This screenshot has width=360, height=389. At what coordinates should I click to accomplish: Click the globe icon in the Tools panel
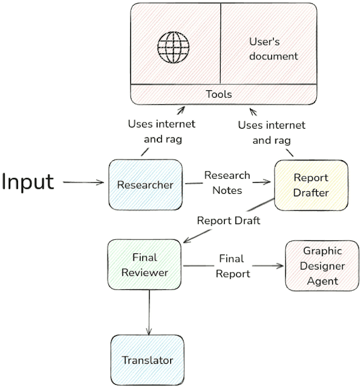click(x=174, y=47)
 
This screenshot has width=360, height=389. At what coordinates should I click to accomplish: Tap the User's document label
click(x=273, y=49)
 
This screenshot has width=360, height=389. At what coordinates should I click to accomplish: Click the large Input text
click(x=28, y=182)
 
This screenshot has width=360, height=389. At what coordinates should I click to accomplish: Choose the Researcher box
click(x=145, y=185)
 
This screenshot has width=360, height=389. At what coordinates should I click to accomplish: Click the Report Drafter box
click(x=310, y=185)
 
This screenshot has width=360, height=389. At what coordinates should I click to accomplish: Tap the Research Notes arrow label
click(x=227, y=182)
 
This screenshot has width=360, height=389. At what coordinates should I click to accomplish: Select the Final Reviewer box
click(x=145, y=264)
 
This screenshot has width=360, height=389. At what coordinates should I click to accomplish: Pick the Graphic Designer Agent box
click(x=322, y=266)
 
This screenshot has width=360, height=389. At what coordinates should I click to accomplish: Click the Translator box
click(x=147, y=360)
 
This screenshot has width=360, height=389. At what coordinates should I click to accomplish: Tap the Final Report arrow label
click(x=233, y=266)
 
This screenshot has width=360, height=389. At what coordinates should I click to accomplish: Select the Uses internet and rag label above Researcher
click(x=161, y=132)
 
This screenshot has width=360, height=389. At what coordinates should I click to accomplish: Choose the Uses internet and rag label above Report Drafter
click(x=271, y=133)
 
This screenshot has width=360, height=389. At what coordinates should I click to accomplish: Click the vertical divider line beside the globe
click(x=220, y=44)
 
